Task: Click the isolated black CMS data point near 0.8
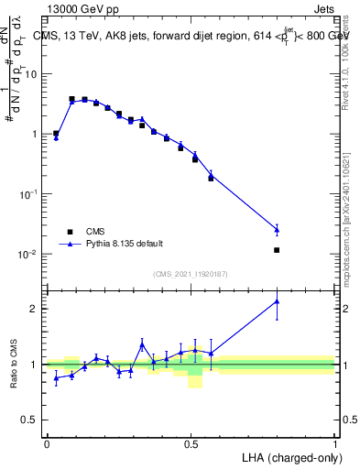[x=277, y=249]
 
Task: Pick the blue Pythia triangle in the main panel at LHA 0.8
[x=277, y=229]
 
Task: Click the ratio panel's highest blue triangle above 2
[x=277, y=301]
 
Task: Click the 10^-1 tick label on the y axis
[x=31, y=194]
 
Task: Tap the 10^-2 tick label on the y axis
[x=31, y=254]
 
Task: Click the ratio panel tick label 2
[x=36, y=309]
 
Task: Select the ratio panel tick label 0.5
[x=31, y=420]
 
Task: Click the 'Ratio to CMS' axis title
[x=15, y=365]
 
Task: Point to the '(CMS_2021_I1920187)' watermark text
[x=191, y=274]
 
